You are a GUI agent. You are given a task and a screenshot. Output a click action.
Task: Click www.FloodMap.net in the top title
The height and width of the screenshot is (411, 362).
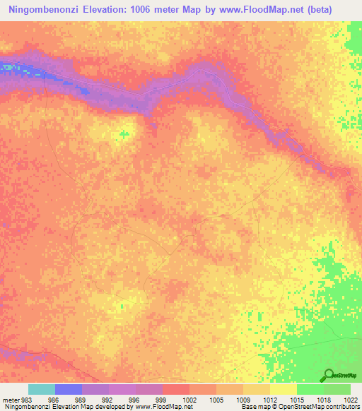tap(272, 10)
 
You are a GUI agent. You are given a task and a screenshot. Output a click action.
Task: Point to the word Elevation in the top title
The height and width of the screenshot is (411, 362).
tap(116, 10)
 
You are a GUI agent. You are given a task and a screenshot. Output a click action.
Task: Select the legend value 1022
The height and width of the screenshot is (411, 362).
tap(349, 399)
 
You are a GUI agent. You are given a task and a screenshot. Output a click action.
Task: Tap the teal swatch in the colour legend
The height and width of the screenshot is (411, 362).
tap(42, 389)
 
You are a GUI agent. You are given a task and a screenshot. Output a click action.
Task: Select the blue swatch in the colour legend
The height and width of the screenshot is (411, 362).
tap(69, 389)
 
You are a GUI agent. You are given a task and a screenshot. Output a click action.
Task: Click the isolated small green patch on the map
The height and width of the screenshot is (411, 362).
tap(124, 133)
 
